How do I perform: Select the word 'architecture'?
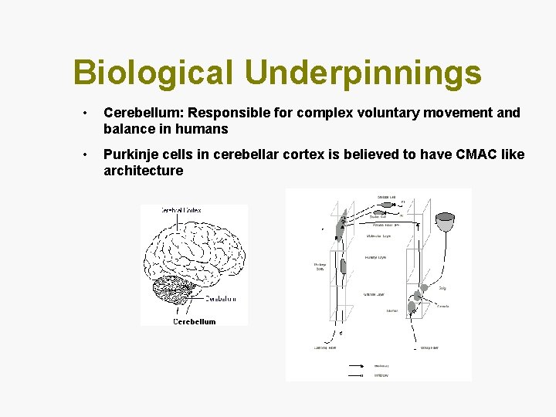pos(144,171)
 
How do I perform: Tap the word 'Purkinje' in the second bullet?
pos(132,155)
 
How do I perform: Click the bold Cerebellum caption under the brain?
pos(195,321)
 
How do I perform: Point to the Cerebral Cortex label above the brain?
pos(182,209)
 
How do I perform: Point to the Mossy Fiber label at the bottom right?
pos(430,348)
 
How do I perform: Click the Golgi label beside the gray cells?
pos(442,287)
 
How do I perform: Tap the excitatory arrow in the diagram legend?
pos(358,366)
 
